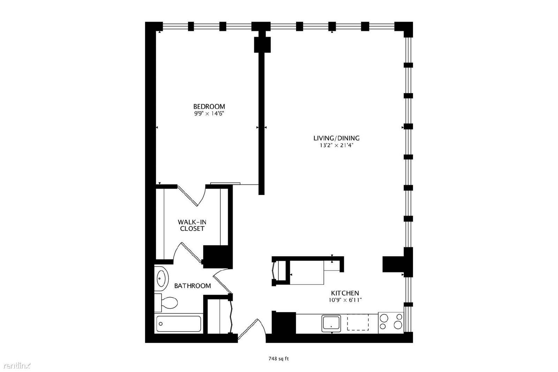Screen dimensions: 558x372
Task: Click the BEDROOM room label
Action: click(209, 107)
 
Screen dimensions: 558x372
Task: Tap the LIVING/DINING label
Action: click(336, 138)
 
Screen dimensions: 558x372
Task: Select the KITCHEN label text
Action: click(345, 293)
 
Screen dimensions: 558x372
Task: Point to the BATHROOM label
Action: click(192, 286)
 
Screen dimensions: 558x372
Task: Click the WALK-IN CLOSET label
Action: click(192, 225)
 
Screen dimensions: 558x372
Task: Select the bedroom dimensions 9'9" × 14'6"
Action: click(209, 114)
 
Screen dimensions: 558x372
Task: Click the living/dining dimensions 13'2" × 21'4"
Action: click(337, 145)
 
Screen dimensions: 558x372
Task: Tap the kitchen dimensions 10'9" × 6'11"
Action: click(345, 300)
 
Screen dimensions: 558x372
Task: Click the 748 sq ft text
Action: click(279, 359)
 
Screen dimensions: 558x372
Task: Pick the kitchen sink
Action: click(331, 324)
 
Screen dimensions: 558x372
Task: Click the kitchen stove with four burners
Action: click(391, 323)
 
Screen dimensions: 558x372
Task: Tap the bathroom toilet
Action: click(166, 303)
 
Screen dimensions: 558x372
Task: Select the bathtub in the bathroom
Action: click(179, 324)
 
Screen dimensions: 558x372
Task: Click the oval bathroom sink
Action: click(161, 279)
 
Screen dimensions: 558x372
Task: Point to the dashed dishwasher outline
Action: click(358, 322)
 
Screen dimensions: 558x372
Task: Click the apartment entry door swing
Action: click(251, 329)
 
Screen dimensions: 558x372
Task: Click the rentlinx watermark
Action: click(17, 366)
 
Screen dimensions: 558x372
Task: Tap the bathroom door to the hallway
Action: click(222, 281)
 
